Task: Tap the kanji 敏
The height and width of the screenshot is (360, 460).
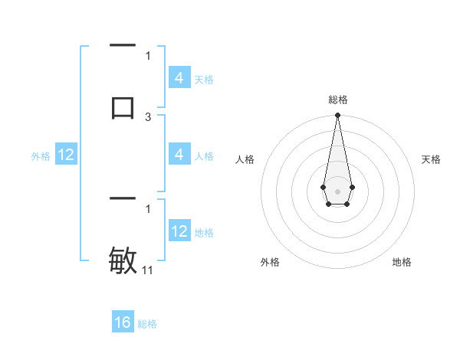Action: click(x=123, y=260)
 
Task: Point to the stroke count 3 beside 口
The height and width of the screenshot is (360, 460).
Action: click(x=148, y=117)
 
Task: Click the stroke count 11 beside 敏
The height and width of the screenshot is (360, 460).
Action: click(x=149, y=270)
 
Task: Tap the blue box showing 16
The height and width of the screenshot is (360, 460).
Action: click(x=123, y=322)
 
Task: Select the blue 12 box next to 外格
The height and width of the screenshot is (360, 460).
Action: click(x=66, y=155)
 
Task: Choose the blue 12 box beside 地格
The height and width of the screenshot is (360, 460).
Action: click(x=179, y=231)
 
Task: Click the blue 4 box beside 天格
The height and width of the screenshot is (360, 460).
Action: click(x=179, y=78)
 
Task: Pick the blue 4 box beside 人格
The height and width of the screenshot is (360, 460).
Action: click(x=179, y=155)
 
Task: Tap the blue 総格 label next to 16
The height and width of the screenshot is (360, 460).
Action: click(x=147, y=324)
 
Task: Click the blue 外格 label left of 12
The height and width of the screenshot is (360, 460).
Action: click(x=41, y=156)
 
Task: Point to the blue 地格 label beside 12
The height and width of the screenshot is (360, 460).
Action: click(x=204, y=232)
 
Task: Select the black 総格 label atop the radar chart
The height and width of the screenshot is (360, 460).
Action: click(x=337, y=100)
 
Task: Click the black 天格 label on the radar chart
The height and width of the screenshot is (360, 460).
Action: click(x=431, y=159)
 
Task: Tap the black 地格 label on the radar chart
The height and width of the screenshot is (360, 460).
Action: click(x=402, y=262)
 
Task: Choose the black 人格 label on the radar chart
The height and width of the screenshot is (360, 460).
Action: click(x=245, y=159)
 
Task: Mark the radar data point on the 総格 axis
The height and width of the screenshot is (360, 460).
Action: click(x=337, y=116)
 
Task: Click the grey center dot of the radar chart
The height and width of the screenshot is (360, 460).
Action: click(x=337, y=191)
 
